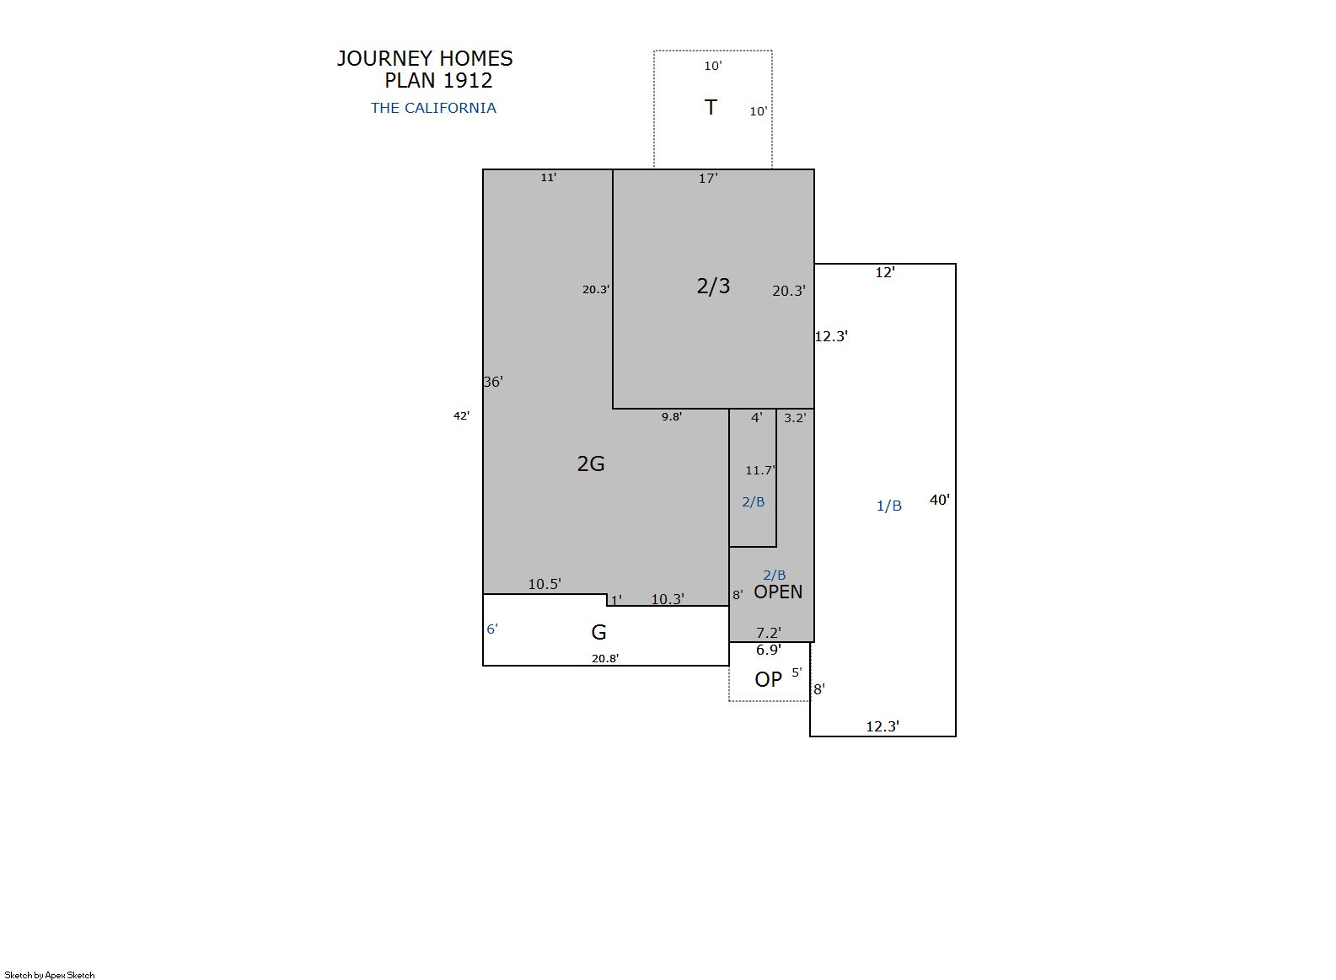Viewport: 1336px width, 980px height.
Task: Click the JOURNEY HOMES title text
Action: pyautogui.click(x=425, y=58)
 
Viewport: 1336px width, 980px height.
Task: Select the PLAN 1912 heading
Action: pyautogui.click(x=438, y=81)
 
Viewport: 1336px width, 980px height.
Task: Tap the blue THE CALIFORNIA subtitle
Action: pyautogui.click(x=433, y=108)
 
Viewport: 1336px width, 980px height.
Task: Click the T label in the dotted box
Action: pyautogui.click(x=711, y=107)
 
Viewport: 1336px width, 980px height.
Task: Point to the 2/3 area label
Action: pyautogui.click(x=713, y=287)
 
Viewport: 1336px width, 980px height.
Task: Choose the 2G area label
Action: pyautogui.click(x=591, y=463)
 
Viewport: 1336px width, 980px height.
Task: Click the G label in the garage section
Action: pyautogui.click(x=598, y=632)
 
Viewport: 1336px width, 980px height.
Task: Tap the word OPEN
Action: pyautogui.click(x=778, y=592)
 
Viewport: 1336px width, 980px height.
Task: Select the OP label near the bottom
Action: pyautogui.click(x=768, y=679)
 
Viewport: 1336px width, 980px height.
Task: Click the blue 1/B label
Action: pyautogui.click(x=888, y=506)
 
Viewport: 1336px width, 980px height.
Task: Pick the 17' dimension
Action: pyautogui.click(x=708, y=179)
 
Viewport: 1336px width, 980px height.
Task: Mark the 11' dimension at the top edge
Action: pyautogui.click(x=549, y=177)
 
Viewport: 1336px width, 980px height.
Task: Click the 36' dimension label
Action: pyautogui.click(x=493, y=382)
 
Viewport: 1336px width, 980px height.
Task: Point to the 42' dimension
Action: pyautogui.click(x=462, y=415)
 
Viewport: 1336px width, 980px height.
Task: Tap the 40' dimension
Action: pyautogui.click(x=940, y=501)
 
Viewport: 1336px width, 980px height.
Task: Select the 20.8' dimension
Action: pyautogui.click(x=605, y=659)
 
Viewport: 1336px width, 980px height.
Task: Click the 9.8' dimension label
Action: pyautogui.click(x=672, y=416)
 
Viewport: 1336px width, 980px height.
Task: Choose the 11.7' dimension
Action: pyautogui.click(x=760, y=470)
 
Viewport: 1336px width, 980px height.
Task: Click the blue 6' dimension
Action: pyautogui.click(x=492, y=629)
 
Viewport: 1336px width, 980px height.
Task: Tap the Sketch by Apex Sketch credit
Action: pyautogui.click(x=50, y=975)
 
